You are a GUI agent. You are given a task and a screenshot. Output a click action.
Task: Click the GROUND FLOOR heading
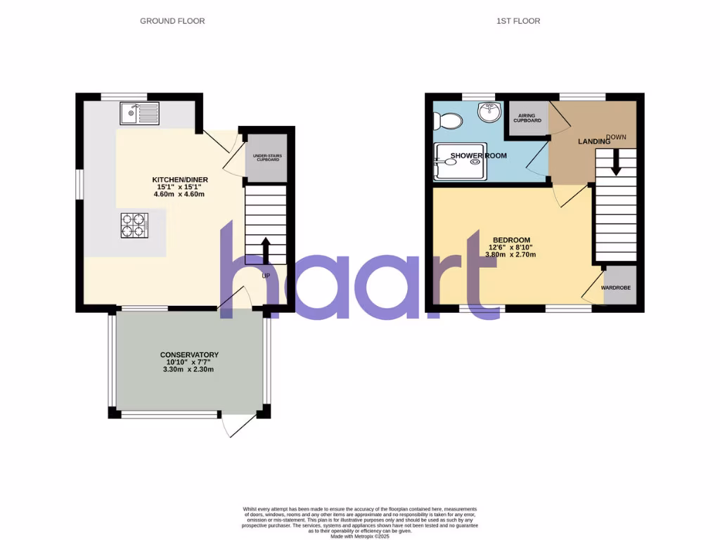pos(172,21)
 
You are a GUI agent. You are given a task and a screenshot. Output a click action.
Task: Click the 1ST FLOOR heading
pos(518,21)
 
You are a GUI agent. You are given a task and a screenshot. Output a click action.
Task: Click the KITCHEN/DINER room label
pos(180,180)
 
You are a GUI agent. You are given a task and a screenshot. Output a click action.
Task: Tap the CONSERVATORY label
pos(189,355)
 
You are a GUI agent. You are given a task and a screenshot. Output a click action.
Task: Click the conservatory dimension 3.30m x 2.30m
pos(189,369)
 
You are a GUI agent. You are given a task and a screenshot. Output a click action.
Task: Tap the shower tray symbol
pos(459,161)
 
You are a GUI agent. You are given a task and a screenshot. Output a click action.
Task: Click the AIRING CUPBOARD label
pos(529,117)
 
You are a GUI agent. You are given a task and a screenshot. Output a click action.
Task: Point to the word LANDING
pos(594,142)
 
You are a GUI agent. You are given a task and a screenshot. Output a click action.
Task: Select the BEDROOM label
pos(511,240)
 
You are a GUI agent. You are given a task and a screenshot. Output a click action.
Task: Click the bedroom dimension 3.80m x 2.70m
pos(511,255)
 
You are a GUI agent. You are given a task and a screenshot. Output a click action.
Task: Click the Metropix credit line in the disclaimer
pos(359,536)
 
